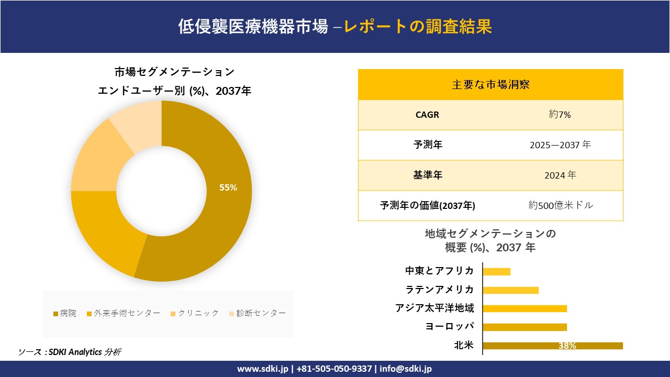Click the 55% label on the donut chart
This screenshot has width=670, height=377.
coord(228,187)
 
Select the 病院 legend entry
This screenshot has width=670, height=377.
coord(65,313)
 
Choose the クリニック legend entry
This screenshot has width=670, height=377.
coord(195,313)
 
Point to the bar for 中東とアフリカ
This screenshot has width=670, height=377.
coord(496,271)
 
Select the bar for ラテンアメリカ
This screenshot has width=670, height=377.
coord(510,290)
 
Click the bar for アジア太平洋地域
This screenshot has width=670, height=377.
coord(524,308)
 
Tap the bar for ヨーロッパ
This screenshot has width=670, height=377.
coord(524,327)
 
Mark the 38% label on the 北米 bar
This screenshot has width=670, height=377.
coord(567,346)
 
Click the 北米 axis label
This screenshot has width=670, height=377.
coord(464,345)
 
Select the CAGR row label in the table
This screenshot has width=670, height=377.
coord(427,115)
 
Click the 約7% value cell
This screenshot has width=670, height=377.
coord(560,115)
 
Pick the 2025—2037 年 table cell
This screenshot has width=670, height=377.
coord(560,145)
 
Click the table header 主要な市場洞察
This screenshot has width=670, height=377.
coord(490,84)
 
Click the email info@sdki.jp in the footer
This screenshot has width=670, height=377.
coord(405,369)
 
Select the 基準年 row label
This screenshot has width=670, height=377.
coord(428,175)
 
